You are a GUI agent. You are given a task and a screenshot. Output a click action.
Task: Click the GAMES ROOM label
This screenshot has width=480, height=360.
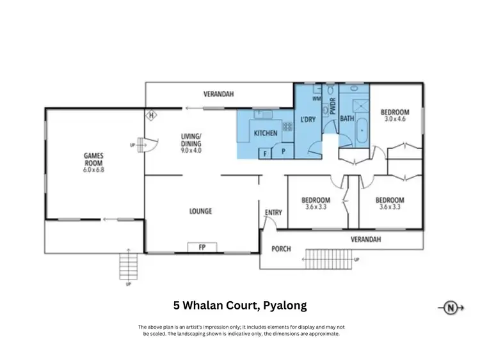[x=93, y=159]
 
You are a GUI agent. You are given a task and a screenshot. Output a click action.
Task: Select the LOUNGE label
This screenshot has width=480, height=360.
[x=200, y=211]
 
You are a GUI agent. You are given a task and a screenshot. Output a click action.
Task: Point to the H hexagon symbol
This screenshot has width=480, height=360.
[x=152, y=116]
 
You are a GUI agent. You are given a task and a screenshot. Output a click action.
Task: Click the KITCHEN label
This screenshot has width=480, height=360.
[x=266, y=134]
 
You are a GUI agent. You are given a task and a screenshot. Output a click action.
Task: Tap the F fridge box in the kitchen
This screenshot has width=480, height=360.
[x=264, y=153]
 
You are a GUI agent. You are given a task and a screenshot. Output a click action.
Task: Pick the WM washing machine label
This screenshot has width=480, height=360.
[x=317, y=99]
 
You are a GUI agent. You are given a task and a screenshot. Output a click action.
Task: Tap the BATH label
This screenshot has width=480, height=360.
[x=347, y=119]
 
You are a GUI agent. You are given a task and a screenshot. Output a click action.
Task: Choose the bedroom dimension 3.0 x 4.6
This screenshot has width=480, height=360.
[x=396, y=119]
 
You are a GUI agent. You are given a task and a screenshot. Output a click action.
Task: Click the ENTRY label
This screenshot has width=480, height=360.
[x=273, y=213]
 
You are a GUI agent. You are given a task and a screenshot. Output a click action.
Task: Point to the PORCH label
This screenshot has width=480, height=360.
[x=282, y=249]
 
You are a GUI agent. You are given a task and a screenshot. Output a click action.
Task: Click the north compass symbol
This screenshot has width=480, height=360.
[x=451, y=308]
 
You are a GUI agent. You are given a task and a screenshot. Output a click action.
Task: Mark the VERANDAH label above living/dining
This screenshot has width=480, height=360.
[x=218, y=94]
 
